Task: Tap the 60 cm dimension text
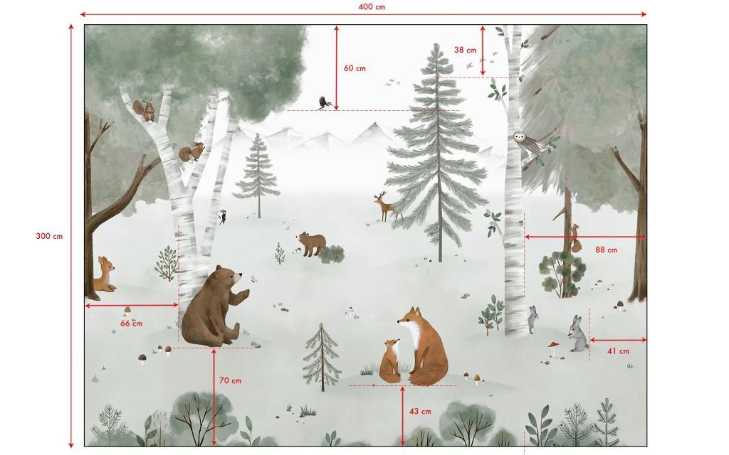click(x=355, y=68)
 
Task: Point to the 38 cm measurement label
click(x=465, y=50)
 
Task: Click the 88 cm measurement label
click(x=606, y=250)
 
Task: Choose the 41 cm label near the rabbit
click(x=618, y=351)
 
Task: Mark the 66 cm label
click(x=130, y=323)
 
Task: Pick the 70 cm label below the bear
click(x=229, y=380)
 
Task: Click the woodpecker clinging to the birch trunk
click(x=224, y=216)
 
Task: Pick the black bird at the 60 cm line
click(x=324, y=103)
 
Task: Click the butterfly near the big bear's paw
click(x=250, y=279)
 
